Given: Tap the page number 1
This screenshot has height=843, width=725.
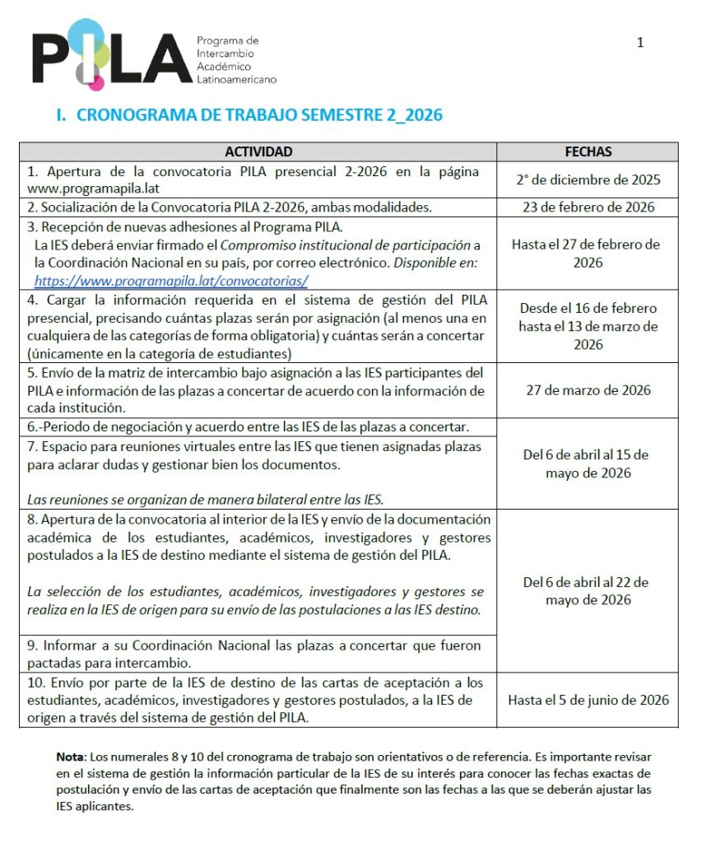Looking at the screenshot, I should (x=640, y=43).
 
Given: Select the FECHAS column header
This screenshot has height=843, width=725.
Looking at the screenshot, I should (x=588, y=152).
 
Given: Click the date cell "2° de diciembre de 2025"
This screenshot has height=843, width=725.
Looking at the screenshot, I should (x=588, y=179).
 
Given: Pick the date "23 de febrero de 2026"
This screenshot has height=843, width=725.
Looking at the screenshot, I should (x=588, y=207).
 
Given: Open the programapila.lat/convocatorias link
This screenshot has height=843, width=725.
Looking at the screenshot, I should (x=171, y=280).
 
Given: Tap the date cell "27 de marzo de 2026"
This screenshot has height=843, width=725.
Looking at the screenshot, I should (x=588, y=389).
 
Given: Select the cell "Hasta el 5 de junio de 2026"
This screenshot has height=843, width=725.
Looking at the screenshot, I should (x=588, y=700).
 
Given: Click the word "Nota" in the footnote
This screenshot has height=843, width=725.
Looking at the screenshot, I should (x=70, y=757).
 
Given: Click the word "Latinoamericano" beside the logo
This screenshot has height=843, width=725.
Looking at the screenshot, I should (x=236, y=80).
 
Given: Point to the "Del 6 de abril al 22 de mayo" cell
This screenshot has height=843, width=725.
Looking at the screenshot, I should (x=586, y=591).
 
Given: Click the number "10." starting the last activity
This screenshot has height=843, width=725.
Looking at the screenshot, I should (x=35, y=682).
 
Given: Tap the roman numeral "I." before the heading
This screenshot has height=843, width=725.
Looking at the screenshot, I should (x=61, y=115).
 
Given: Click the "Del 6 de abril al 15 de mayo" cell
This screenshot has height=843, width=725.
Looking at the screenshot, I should (x=586, y=464).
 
